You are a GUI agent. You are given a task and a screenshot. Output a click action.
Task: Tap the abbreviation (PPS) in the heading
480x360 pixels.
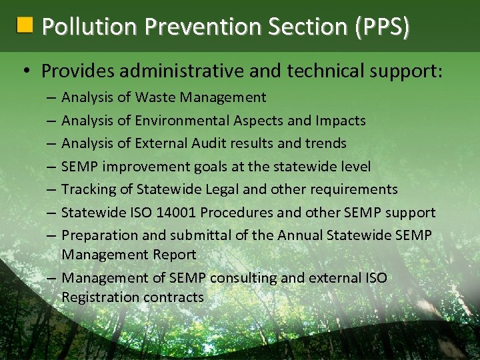point(383,27)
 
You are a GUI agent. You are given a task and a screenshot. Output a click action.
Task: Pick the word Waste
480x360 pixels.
point(155,98)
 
